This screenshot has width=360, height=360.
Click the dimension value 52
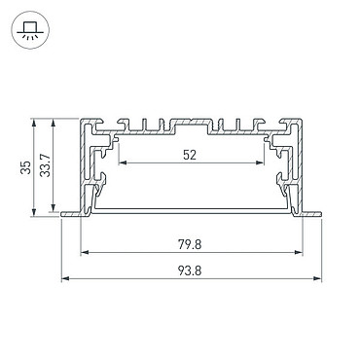[x=190, y=155]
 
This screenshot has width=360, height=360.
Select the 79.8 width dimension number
[x=190, y=244]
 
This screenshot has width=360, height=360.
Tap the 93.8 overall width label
[x=190, y=270]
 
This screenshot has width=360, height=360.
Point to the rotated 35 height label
[x=25, y=167]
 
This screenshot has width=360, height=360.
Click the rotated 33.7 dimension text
[x=45, y=165]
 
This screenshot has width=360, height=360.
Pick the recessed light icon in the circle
[x=30, y=30]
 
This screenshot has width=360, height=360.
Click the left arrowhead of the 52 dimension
[x=123, y=162]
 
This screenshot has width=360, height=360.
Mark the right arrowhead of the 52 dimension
[x=260, y=162]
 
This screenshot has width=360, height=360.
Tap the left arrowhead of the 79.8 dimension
[x=85, y=252]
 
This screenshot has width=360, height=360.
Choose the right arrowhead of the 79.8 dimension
[x=299, y=252]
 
